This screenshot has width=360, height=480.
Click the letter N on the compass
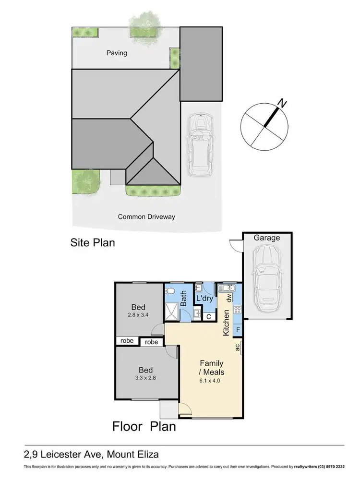(x=283, y=102)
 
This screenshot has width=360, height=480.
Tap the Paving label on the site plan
(x=117, y=53)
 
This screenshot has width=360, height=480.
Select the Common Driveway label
(x=146, y=216)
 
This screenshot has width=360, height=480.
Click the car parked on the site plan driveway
(x=200, y=144)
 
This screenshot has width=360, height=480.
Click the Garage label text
(x=266, y=238)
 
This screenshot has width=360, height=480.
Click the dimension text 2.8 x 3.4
(x=138, y=316)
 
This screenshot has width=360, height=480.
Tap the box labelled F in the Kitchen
(x=238, y=330)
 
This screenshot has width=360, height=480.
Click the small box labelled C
(x=208, y=317)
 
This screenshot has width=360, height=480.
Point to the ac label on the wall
(x=237, y=348)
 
